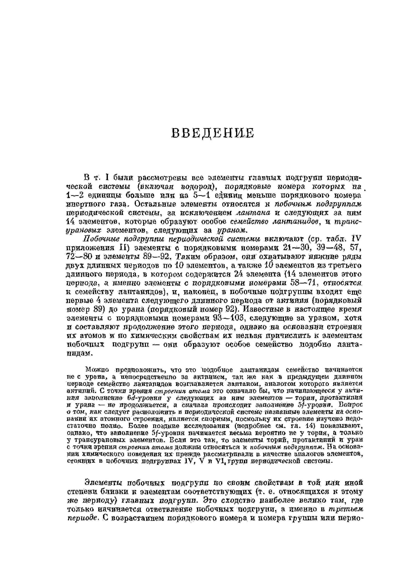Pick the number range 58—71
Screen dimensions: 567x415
(x=304, y=283)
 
